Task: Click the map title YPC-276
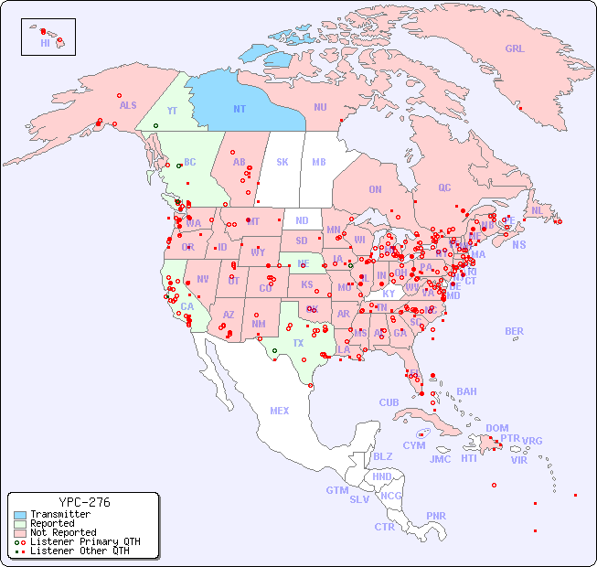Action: pyautogui.click(x=84, y=502)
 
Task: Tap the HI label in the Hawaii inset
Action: pyautogui.click(x=45, y=43)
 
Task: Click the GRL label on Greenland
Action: pyautogui.click(x=515, y=48)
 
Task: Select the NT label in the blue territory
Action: pyautogui.click(x=239, y=109)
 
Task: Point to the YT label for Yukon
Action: pyautogui.click(x=171, y=111)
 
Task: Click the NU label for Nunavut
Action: pyautogui.click(x=320, y=107)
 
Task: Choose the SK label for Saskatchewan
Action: pyautogui.click(x=283, y=162)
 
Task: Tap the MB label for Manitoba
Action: pyautogui.click(x=318, y=162)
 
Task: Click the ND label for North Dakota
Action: pyautogui.click(x=302, y=220)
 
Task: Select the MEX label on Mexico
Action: pyautogui.click(x=279, y=411)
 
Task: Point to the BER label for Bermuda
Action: pyautogui.click(x=514, y=331)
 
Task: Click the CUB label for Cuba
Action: pyautogui.click(x=389, y=402)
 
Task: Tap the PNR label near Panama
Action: pyautogui.click(x=436, y=516)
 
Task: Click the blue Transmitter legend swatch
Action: pyautogui.click(x=20, y=515)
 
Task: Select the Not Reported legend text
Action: pyautogui.click(x=63, y=532)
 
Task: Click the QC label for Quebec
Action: pyautogui.click(x=444, y=187)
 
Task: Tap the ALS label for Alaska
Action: pyautogui.click(x=128, y=105)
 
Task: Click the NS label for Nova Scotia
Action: pyautogui.click(x=518, y=244)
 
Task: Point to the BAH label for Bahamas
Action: pyautogui.click(x=466, y=391)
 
